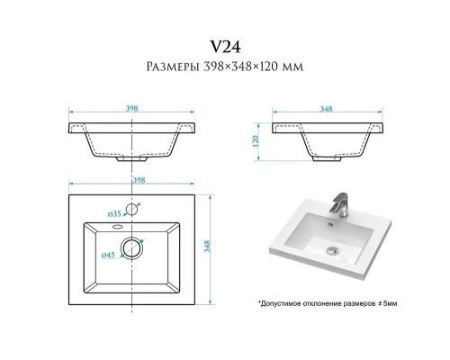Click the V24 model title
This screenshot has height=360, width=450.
coord(225,47)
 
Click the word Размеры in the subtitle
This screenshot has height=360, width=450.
coord(173,67)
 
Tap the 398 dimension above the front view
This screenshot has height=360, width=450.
coord(131,108)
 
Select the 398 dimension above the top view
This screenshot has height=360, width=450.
coord(139,180)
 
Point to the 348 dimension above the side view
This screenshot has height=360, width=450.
coord(326,109)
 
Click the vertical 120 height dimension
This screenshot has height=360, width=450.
coord(256,141)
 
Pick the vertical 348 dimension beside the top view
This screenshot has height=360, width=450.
coord(207,247)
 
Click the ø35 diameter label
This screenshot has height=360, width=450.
coord(114,213)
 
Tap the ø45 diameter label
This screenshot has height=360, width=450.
coord(108,255)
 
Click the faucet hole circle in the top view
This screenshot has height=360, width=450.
coord(131,209)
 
